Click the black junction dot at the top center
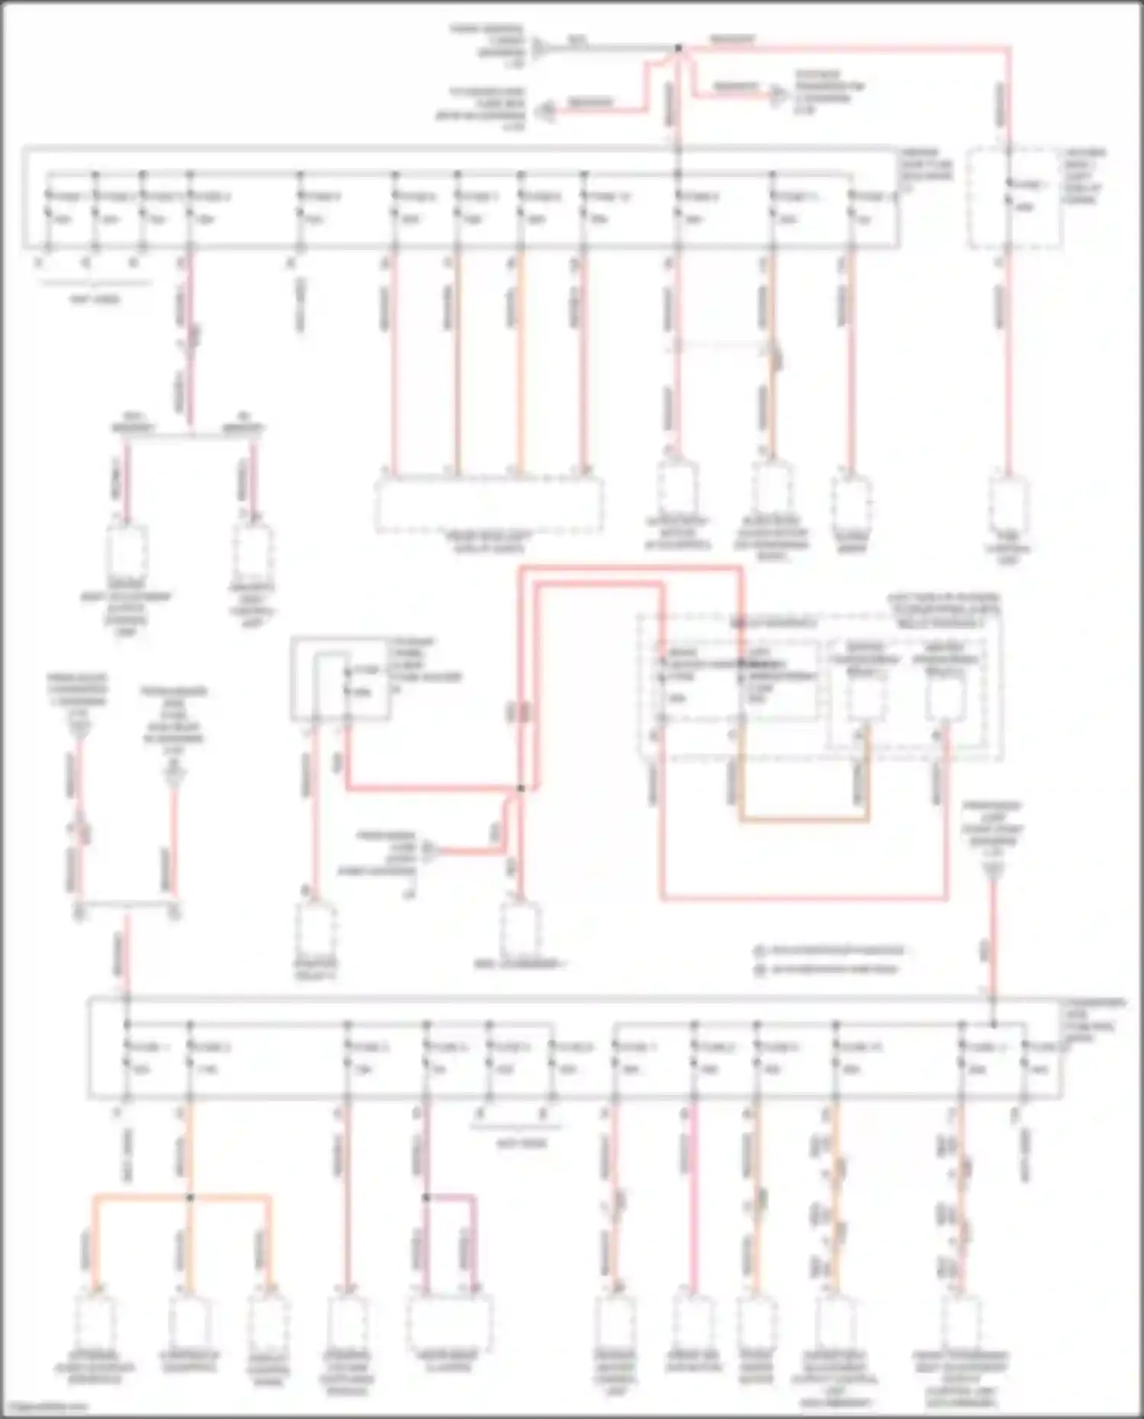(x=678, y=48)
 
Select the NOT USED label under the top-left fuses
(x=95, y=300)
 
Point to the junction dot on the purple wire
(x=427, y=1197)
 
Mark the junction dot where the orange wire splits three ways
(x=190, y=1197)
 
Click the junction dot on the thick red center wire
(x=521, y=788)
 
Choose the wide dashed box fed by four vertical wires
(x=488, y=505)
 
